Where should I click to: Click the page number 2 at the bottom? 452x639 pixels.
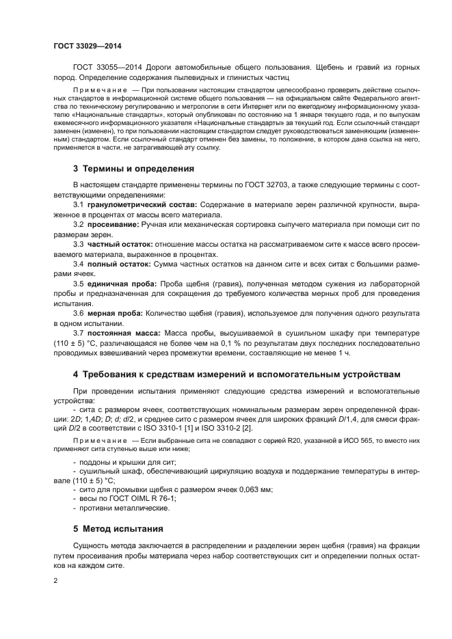(x=55, y=580)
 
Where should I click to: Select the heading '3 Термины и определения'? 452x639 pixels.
(x=133, y=168)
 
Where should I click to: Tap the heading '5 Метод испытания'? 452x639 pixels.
(x=118, y=528)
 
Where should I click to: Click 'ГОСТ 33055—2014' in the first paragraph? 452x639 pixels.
(x=105, y=66)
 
